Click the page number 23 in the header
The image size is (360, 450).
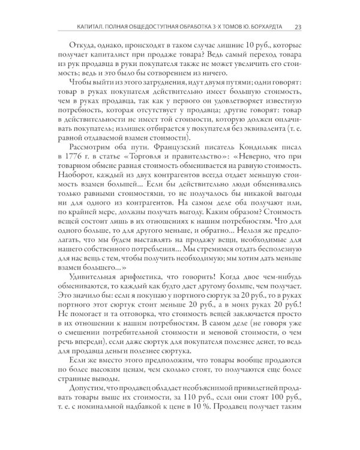[x=298, y=26]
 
